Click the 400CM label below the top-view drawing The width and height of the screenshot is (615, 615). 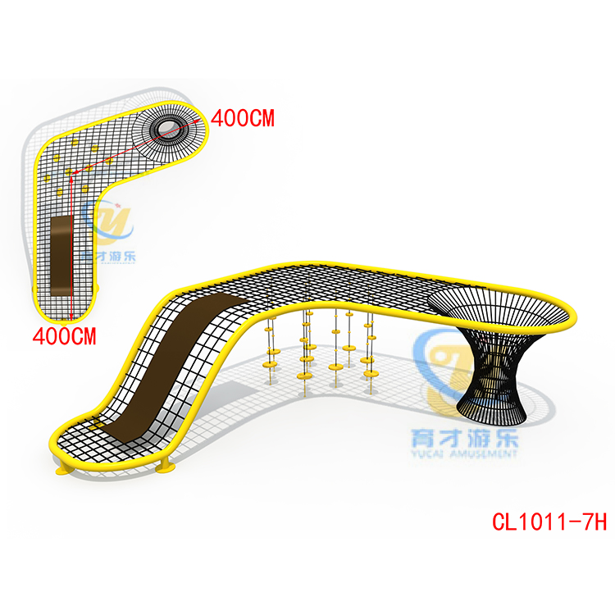pos(65,335)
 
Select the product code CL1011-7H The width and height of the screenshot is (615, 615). pos(549,522)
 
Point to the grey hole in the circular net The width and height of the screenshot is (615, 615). pos(171,127)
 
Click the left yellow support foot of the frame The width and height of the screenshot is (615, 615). pos(62,471)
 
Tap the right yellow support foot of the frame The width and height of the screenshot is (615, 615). pos(166,468)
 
